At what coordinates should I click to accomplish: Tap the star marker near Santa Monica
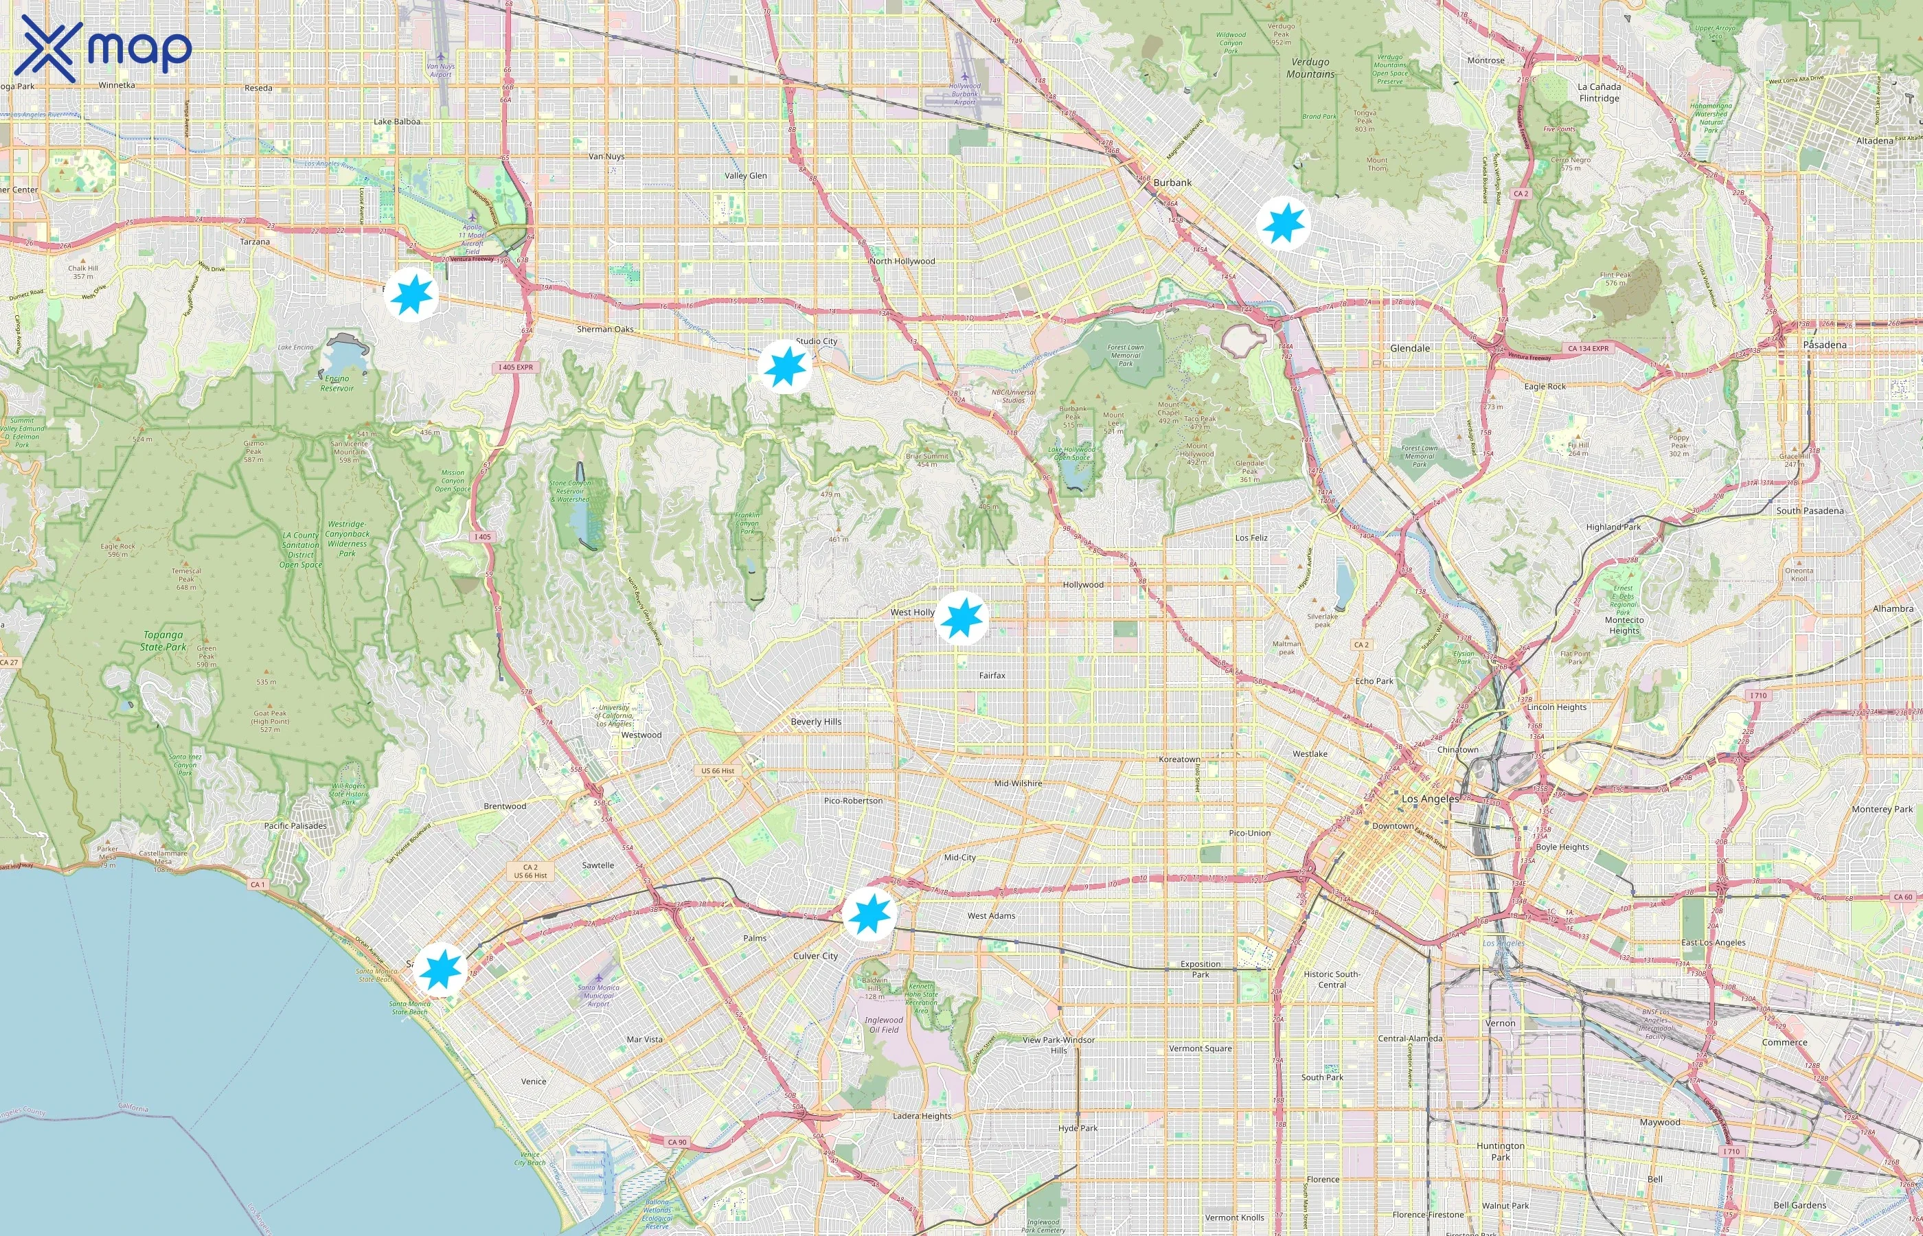440,970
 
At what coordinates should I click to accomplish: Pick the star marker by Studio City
784,366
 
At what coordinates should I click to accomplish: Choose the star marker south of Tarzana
411,295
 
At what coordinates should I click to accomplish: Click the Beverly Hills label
815,722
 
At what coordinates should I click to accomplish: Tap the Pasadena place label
1824,344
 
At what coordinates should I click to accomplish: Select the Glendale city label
1409,348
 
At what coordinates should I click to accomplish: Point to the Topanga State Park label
163,641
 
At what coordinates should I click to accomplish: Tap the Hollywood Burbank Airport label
964,94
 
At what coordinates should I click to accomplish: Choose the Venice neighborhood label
533,1081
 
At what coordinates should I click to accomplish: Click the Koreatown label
1179,759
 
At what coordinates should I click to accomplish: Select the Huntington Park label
1499,1151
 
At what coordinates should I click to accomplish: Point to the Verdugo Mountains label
1310,67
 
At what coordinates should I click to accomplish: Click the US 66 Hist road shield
717,770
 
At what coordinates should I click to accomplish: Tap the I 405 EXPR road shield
514,367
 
